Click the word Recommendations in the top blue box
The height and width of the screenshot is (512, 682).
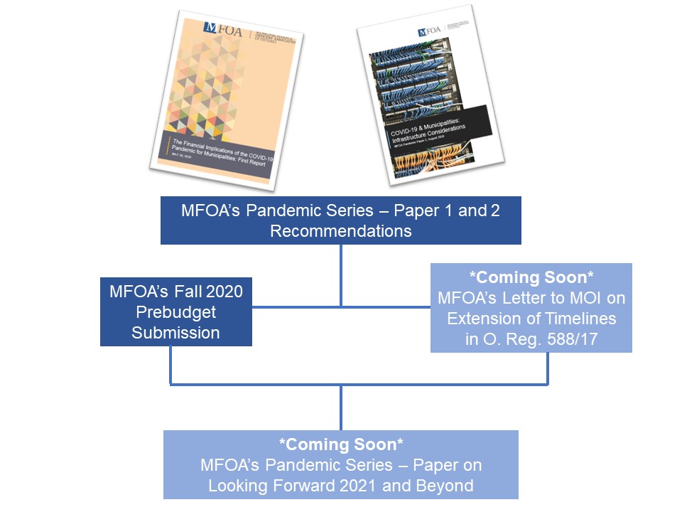[341, 231]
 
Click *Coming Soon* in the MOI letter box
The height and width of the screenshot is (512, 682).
[531, 277]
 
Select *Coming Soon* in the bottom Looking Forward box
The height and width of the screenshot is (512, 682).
[341, 445]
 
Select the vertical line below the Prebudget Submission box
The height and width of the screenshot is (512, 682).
[171, 365]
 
